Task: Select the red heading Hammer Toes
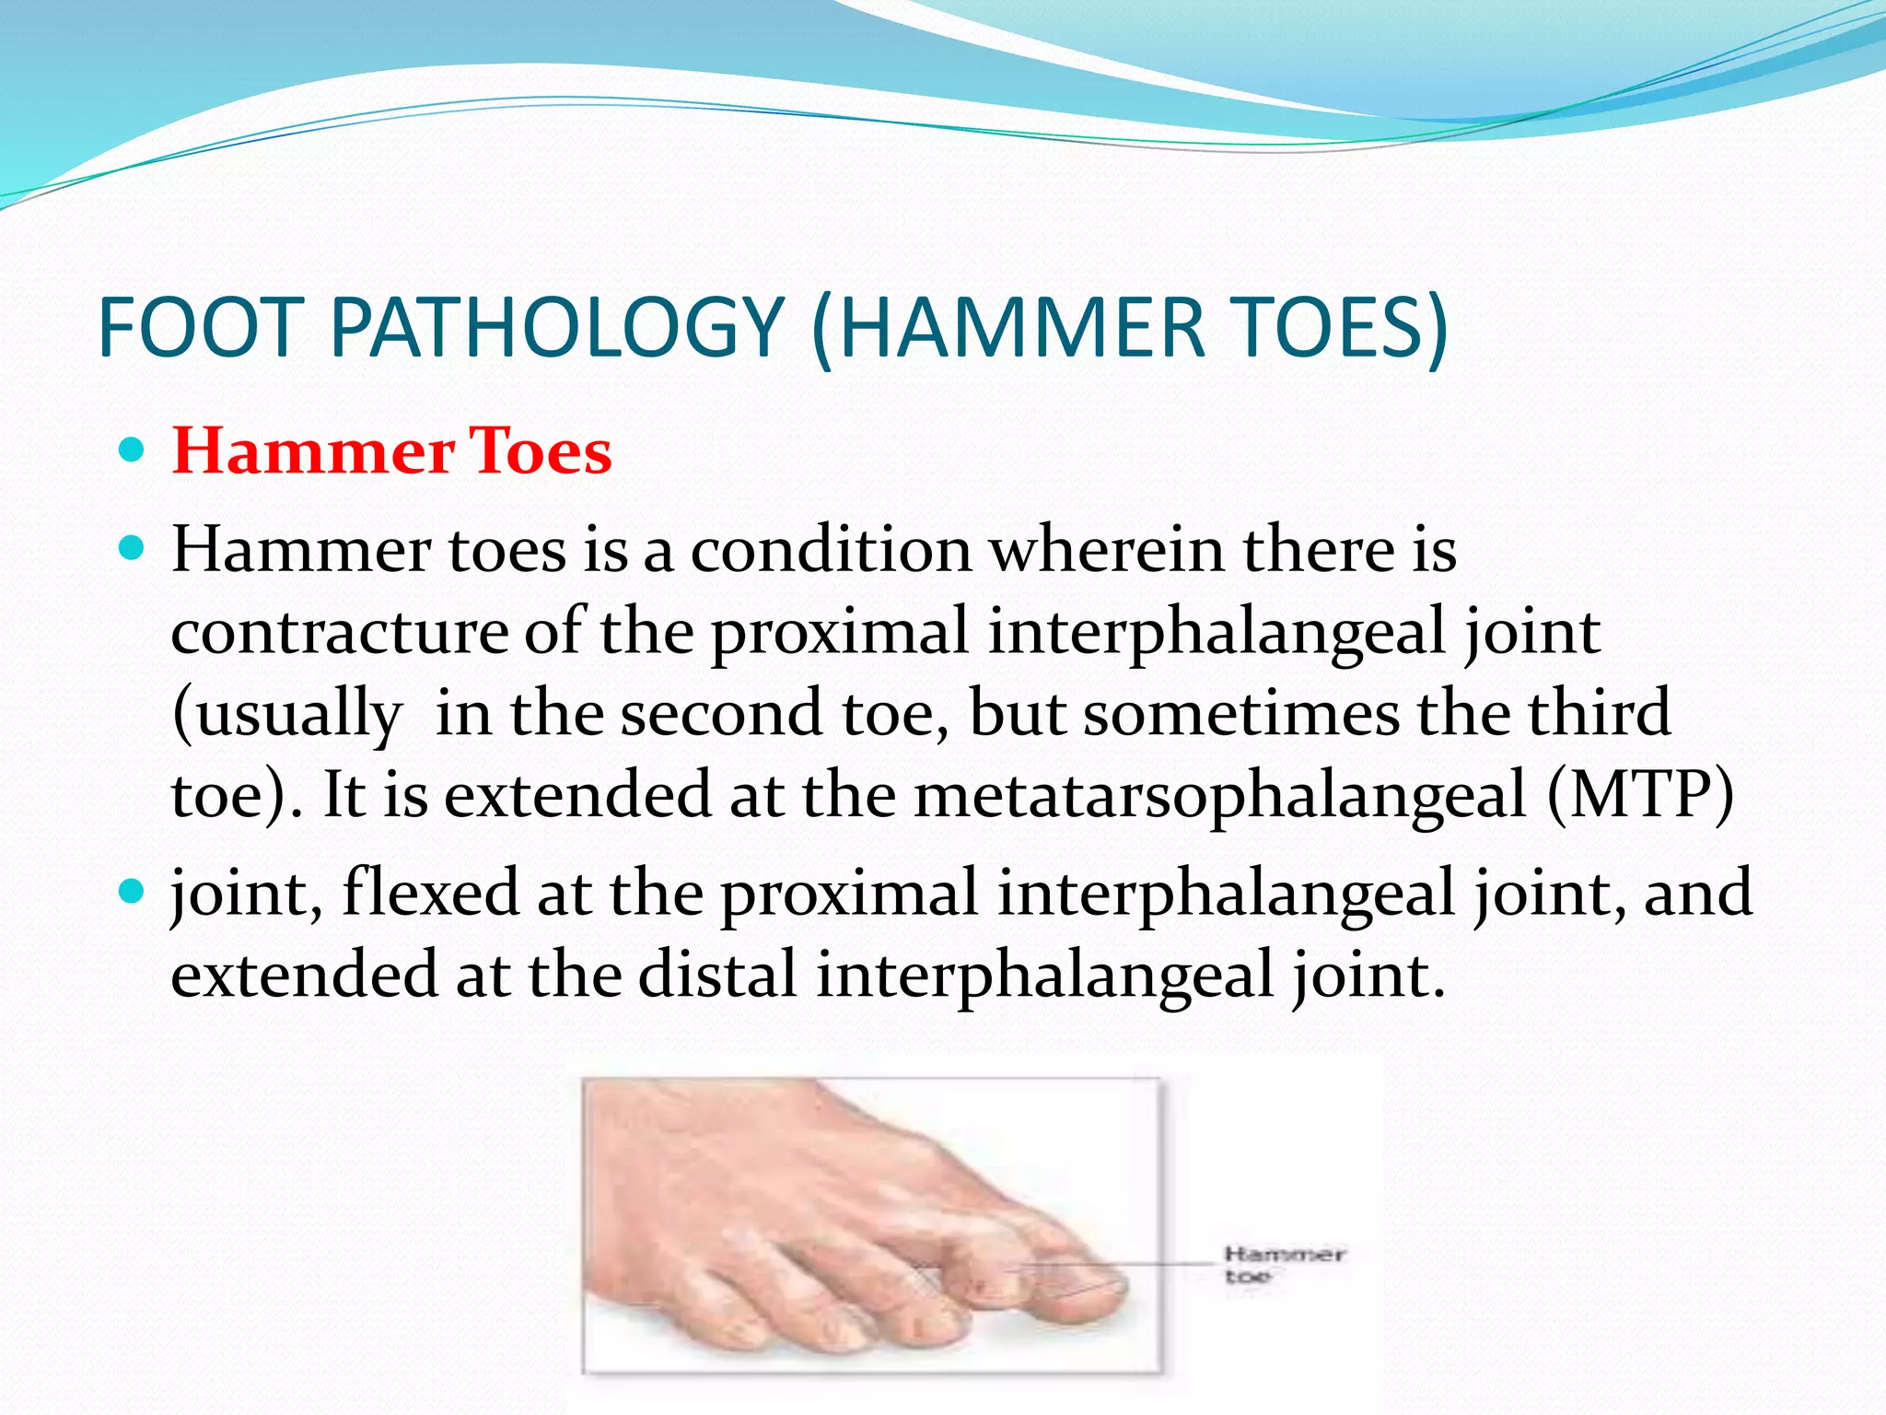coord(391,451)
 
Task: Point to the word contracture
coord(339,632)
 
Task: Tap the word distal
coord(716,975)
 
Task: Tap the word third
coord(1599,713)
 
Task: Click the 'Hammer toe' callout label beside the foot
coord(1284,1264)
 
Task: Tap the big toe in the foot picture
coord(1077,1290)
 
